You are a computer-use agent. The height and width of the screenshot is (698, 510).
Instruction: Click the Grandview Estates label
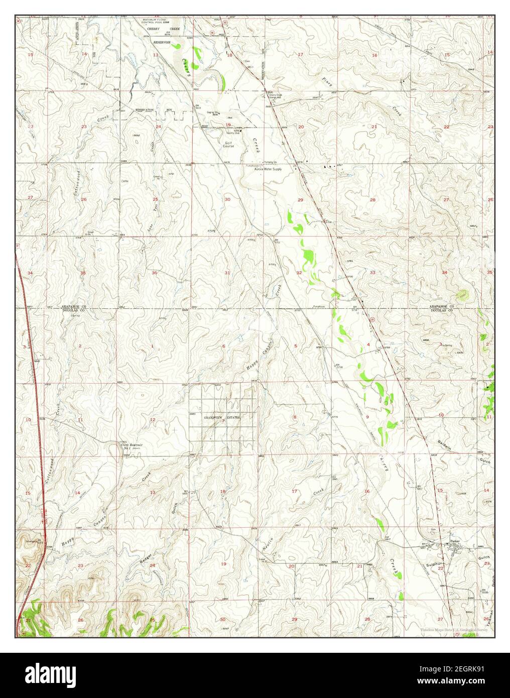[x=221, y=417]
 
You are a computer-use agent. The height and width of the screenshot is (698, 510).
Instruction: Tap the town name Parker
[x=455, y=541]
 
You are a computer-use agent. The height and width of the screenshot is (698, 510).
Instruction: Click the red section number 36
[x=155, y=273]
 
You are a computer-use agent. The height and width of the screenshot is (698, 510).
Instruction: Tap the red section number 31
[x=227, y=273]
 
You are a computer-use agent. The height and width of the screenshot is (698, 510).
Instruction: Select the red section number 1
[x=152, y=346]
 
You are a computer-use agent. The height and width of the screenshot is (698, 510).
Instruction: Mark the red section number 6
[x=223, y=346]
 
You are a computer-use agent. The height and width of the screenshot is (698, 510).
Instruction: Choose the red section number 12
[x=152, y=419]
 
